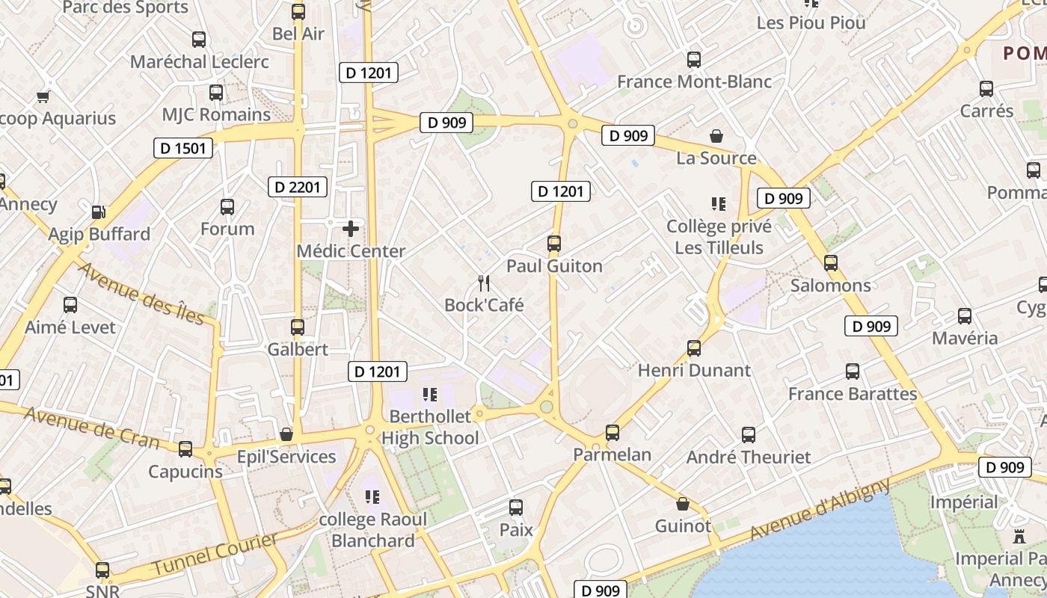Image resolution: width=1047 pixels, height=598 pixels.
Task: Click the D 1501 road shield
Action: [183, 148]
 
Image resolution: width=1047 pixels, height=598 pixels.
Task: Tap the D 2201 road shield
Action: [298, 187]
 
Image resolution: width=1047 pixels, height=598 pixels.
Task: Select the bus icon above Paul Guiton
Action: [554, 244]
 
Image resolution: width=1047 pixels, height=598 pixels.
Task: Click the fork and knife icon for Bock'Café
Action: [484, 283]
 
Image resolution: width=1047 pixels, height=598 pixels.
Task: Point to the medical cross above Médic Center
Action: [351, 229]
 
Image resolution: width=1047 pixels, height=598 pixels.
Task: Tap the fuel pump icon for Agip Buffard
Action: [99, 212]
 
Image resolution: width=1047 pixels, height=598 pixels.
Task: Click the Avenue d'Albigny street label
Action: [820, 510]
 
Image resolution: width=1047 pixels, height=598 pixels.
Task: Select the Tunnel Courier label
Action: [215, 554]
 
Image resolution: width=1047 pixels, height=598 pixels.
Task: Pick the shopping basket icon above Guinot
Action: [682, 504]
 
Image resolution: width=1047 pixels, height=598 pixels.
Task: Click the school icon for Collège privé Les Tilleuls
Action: [719, 203]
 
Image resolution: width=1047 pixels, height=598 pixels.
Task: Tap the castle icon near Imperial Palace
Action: [1019, 537]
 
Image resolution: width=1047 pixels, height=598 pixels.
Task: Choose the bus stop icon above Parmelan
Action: [612, 432]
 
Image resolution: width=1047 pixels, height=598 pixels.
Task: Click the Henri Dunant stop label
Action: [694, 370]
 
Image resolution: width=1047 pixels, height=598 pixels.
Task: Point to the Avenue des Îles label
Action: [141, 293]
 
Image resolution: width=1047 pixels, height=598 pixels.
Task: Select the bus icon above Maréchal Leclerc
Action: [199, 40]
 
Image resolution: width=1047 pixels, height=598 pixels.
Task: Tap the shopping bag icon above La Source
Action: [716, 136]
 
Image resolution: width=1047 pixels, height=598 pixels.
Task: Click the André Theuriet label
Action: [749, 457]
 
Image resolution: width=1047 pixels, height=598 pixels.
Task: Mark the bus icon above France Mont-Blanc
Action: [694, 59]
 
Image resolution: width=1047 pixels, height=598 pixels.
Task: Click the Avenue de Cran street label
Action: [91, 426]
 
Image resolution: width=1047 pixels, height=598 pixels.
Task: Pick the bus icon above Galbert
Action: [298, 327]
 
